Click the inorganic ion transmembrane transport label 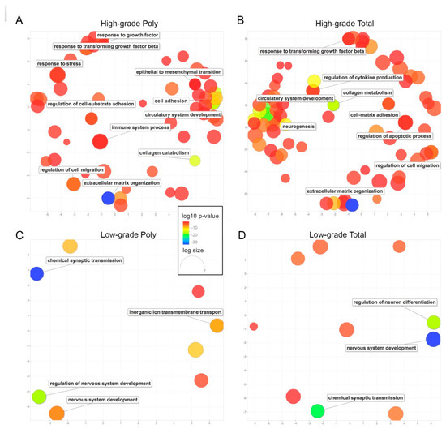pos(174,311)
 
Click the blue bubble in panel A pos(108,197)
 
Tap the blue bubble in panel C pos(36,273)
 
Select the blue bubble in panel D pos(433,339)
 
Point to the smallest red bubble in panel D pos(254,326)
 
